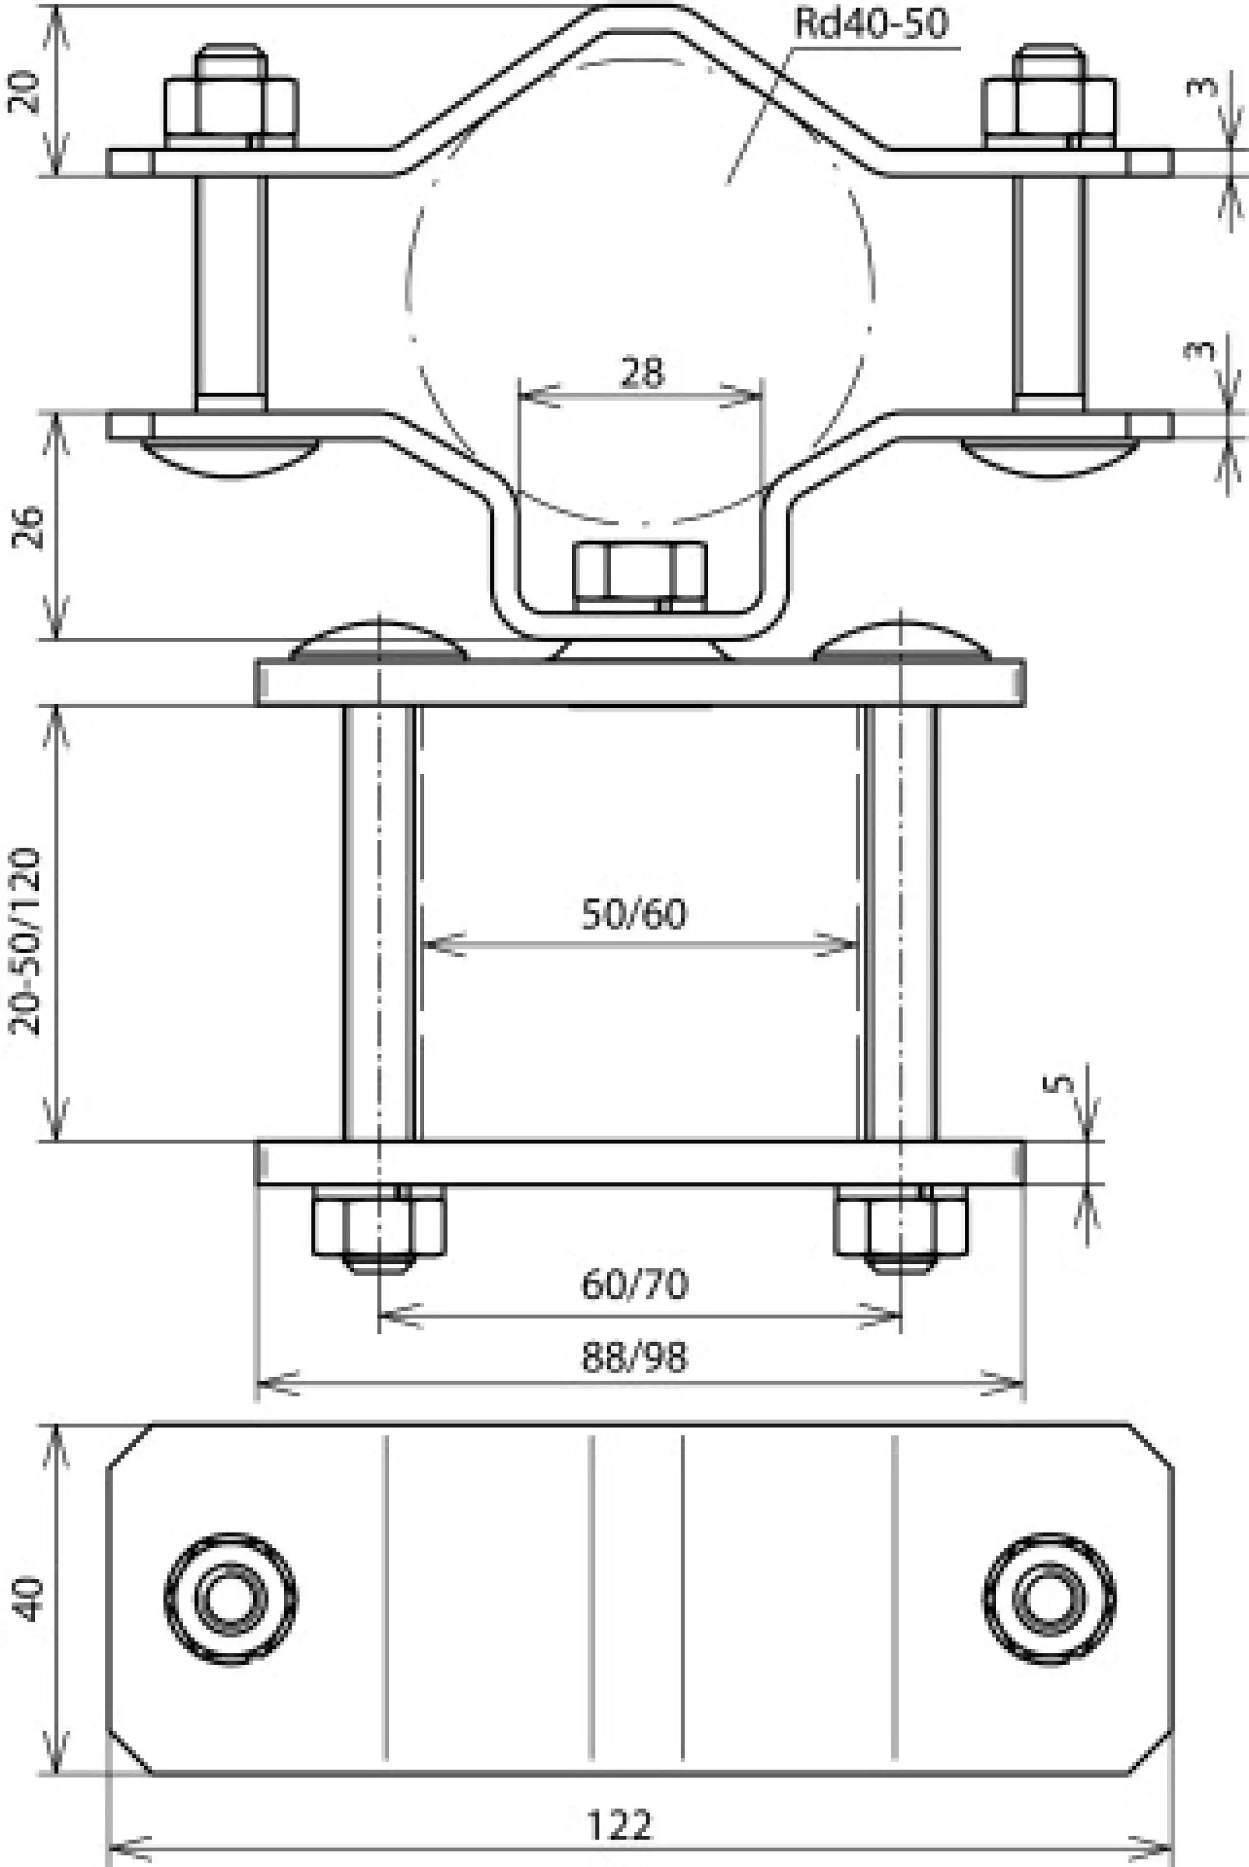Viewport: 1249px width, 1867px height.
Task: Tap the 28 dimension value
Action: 641,372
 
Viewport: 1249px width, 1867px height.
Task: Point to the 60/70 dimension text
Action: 635,1284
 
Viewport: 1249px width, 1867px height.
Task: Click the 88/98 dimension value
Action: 635,1356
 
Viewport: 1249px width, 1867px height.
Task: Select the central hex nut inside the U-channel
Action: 639,571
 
